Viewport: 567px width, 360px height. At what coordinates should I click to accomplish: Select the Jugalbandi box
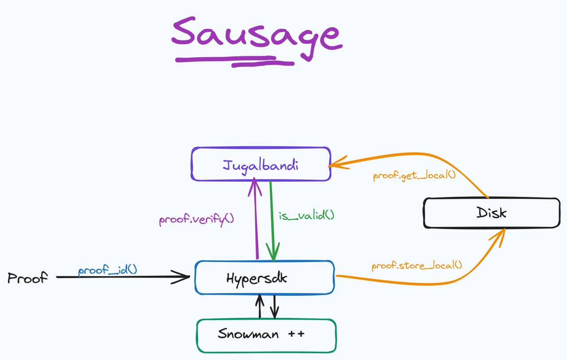pyautogui.click(x=260, y=164)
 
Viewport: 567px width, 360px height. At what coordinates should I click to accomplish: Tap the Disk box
pyautogui.click(x=491, y=213)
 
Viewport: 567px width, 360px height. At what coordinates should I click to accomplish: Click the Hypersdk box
pyautogui.click(x=264, y=278)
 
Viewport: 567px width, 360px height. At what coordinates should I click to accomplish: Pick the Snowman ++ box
pyautogui.click(x=266, y=335)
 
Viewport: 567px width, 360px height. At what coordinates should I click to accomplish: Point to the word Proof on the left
pyautogui.click(x=27, y=278)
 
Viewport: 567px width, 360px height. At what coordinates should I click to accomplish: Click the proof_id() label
pyautogui.click(x=108, y=270)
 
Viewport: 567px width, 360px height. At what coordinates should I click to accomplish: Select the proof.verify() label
pyautogui.click(x=196, y=220)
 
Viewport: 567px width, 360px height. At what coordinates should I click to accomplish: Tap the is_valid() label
pyautogui.click(x=307, y=216)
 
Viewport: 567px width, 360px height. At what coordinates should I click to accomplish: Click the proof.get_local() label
pyautogui.click(x=414, y=175)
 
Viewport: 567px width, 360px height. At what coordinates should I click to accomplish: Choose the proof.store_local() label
pyautogui.click(x=416, y=266)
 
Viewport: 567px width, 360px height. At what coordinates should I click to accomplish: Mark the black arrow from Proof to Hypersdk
pyautogui.click(x=124, y=277)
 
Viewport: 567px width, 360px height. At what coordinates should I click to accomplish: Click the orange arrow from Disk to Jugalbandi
pyautogui.click(x=421, y=155)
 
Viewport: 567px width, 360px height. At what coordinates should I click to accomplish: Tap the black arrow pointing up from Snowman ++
pyautogui.click(x=260, y=307)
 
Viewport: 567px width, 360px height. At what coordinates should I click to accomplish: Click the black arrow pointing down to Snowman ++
pyautogui.click(x=275, y=307)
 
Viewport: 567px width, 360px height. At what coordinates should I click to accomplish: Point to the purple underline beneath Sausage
pyautogui.click(x=235, y=60)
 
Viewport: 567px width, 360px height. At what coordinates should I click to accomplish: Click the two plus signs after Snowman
pyautogui.click(x=296, y=334)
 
